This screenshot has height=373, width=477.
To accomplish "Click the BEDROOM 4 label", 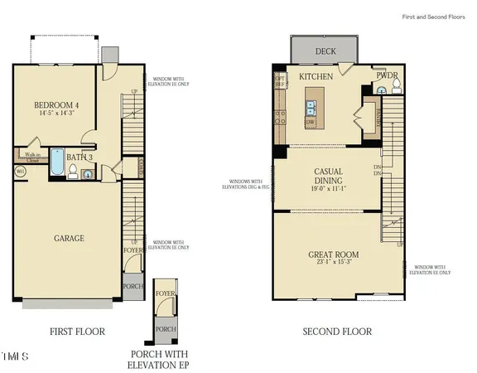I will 55,105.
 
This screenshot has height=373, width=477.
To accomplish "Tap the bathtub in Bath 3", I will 57,163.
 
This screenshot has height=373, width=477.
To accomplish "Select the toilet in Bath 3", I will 74,172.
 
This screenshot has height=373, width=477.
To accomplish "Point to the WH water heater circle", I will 20,172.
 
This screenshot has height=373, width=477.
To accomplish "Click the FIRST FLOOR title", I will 77,332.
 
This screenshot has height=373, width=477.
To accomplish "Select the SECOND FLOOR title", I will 335,332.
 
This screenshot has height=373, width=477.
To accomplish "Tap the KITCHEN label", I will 316,75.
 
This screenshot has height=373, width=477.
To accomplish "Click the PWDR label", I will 387,75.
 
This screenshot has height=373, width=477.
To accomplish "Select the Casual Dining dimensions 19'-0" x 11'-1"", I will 328,188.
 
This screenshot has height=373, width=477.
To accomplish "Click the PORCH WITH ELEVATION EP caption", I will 165,357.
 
